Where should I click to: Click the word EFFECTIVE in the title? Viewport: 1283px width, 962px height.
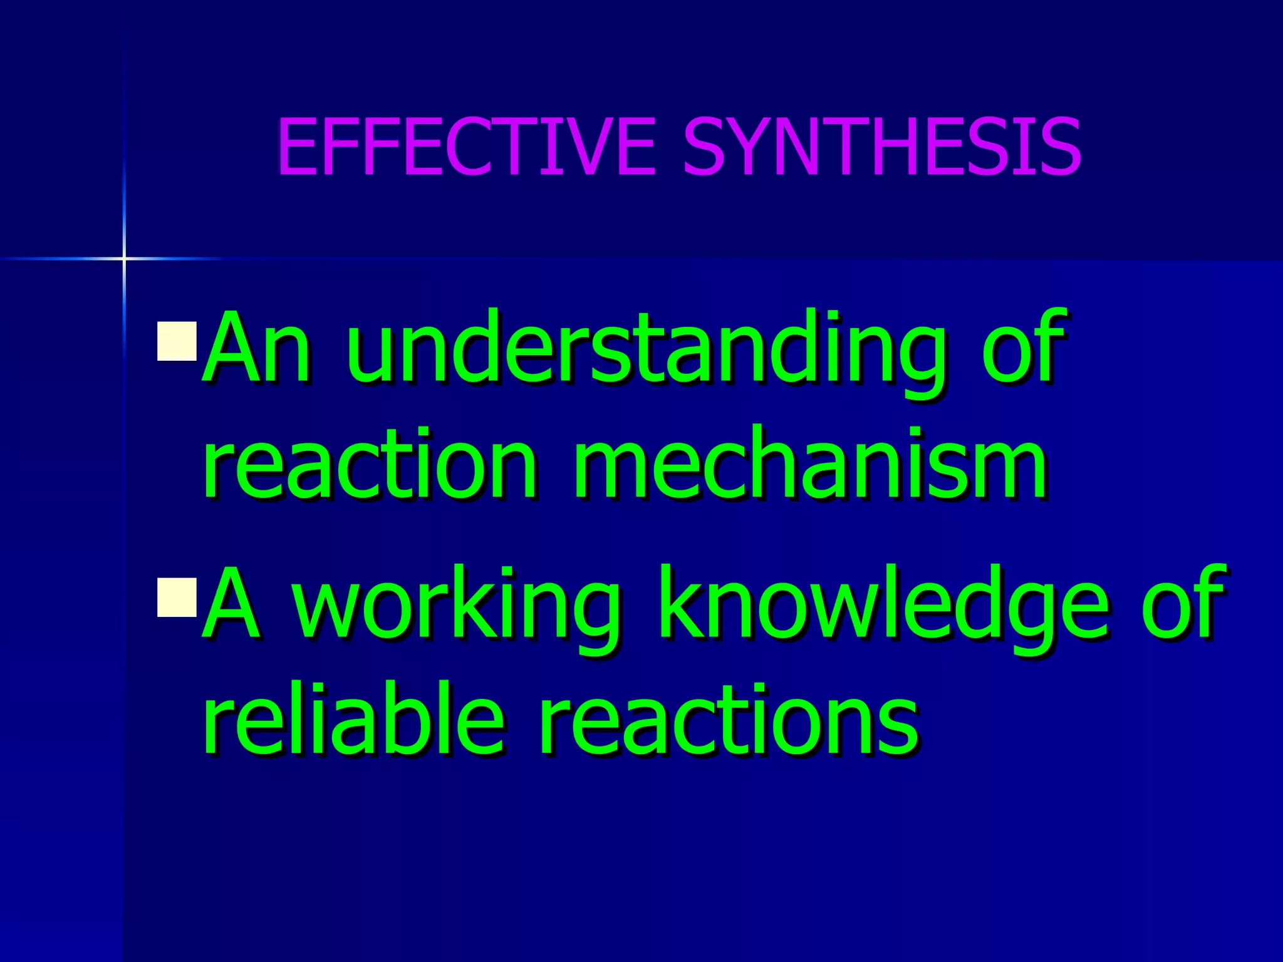[467, 147]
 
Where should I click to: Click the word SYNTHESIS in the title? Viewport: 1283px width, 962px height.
[882, 147]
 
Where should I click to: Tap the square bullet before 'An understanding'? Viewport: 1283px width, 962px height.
[177, 341]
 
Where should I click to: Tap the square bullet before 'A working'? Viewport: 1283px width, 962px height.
[177, 598]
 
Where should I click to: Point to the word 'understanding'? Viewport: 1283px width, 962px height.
[645, 351]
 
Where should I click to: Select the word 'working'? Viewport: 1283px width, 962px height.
[457, 608]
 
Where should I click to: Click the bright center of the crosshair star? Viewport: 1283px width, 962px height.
[124, 258]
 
